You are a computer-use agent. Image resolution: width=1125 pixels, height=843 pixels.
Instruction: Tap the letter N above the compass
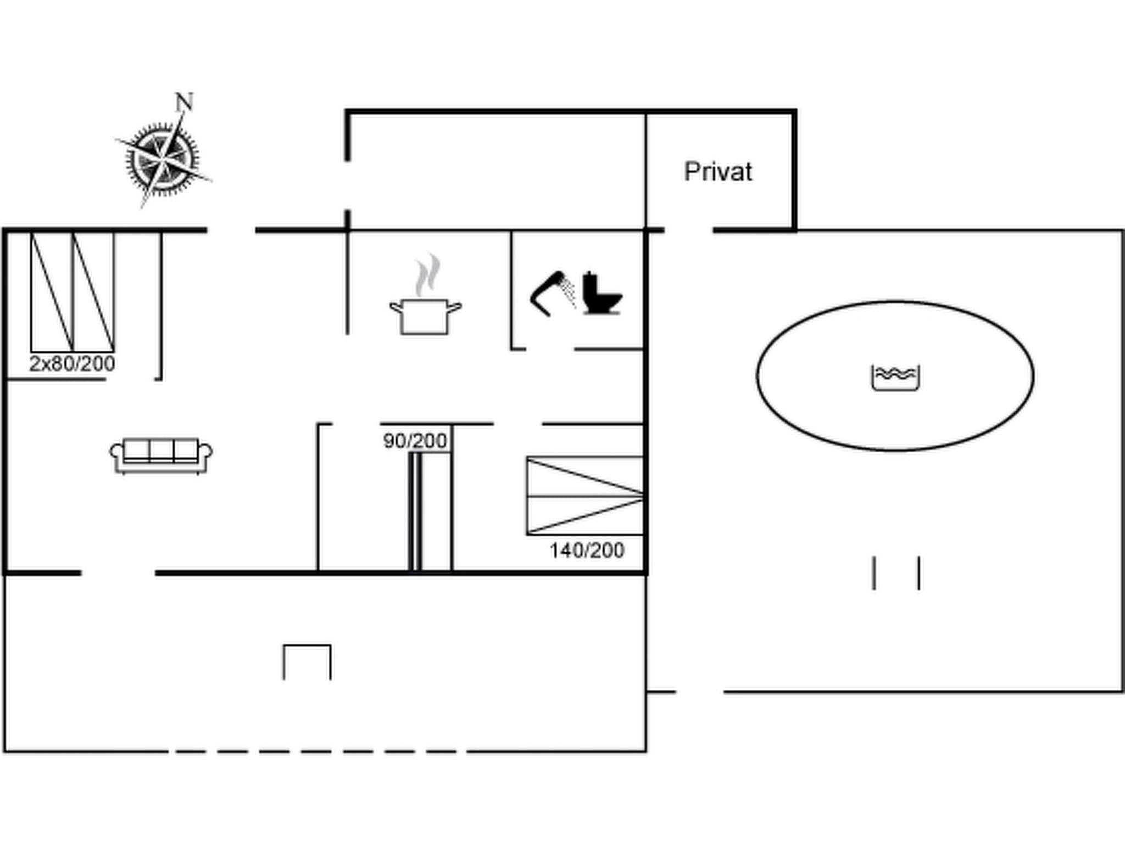point(185,102)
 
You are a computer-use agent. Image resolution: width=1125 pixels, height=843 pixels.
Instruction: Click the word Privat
point(718,172)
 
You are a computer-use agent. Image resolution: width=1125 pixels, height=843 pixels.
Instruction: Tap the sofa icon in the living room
point(161,455)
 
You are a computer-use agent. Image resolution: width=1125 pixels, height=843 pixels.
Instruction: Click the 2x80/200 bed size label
point(72,364)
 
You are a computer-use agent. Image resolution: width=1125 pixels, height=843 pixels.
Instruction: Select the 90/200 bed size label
point(415,441)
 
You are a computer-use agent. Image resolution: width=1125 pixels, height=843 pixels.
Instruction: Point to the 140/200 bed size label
point(587,550)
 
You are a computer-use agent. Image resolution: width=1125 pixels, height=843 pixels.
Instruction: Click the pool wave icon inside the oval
point(895,378)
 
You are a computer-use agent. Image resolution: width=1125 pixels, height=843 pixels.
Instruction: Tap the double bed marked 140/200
point(584,496)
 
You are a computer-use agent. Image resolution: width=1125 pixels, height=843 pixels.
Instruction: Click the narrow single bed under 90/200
point(415,510)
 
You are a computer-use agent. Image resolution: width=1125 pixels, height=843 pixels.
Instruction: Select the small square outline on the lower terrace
point(307,662)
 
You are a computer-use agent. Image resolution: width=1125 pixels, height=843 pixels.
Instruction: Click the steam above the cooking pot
point(428,274)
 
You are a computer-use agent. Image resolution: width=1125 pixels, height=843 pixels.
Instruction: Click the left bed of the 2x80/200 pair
point(52,292)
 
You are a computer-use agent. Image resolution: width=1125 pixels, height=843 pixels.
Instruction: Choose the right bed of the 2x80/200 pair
point(93,292)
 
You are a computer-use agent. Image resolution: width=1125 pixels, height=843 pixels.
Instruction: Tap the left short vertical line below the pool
point(874,573)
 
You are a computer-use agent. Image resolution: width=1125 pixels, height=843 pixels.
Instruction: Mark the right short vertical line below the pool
point(919,573)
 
